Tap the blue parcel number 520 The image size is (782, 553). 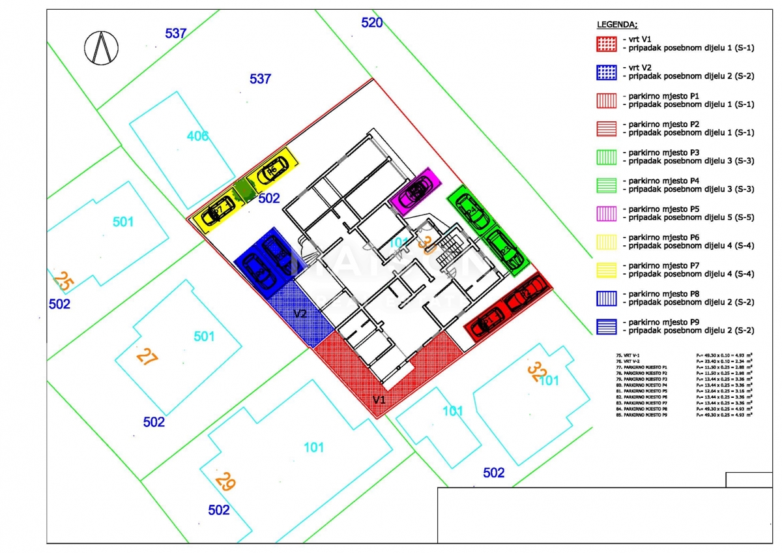pyautogui.click(x=372, y=23)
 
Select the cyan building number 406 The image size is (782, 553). pyautogui.click(x=197, y=136)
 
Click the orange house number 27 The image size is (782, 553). pyautogui.click(x=147, y=357)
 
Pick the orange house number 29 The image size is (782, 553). pyautogui.click(x=225, y=482)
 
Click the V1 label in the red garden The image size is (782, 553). pyautogui.click(x=379, y=399)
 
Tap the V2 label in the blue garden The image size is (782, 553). pyautogui.click(x=300, y=314)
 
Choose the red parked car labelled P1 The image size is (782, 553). pyautogui.click(x=486, y=323)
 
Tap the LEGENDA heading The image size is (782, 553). pyautogui.click(x=616, y=25)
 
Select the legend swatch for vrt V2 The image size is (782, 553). pyautogui.click(x=607, y=72)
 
